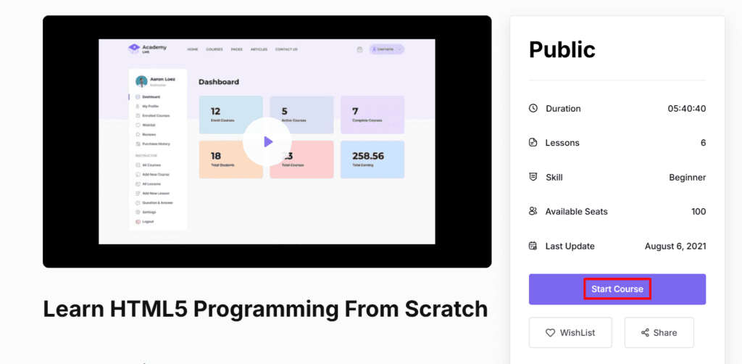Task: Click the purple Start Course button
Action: click(x=617, y=289)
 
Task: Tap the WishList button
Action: click(x=570, y=333)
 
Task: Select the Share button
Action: click(x=659, y=333)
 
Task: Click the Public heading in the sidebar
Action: click(x=562, y=49)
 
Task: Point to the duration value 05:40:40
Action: click(x=686, y=109)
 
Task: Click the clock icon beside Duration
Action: click(x=533, y=109)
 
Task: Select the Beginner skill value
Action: click(x=687, y=177)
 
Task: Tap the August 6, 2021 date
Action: click(x=675, y=246)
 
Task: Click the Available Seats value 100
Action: click(x=699, y=212)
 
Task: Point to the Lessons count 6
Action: click(x=703, y=143)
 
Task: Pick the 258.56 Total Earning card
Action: click(x=372, y=160)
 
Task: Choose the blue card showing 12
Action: click(x=230, y=115)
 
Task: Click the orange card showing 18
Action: click(x=230, y=160)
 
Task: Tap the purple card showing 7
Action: click(x=372, y=115)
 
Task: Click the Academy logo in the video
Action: click(x=134, y=49)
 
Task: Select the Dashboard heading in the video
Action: click(x=219, y=82)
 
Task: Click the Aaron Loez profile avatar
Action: click(x=141, y=80)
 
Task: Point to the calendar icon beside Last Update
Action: click(x=533, y=246)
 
